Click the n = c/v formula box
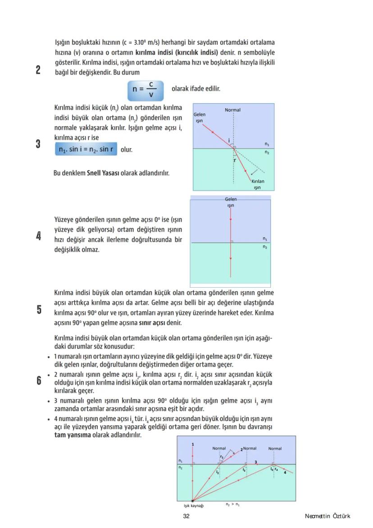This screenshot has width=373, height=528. pos(145,89)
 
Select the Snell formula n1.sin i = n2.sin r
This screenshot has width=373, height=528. pos(86,149)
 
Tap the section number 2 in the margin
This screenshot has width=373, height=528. pos(38,70)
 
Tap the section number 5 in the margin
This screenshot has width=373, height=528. pos(39,310)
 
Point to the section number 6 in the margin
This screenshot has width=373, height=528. pos(39,381)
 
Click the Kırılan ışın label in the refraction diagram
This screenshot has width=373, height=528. pos(258,184)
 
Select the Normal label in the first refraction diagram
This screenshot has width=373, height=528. pos(232,110)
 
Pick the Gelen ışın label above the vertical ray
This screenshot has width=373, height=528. pos(231,202)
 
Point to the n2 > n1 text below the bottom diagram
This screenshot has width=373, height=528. pos(232,505)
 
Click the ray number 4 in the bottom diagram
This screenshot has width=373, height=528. pos(285,472)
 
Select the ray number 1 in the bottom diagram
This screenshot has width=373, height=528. pos(193,445)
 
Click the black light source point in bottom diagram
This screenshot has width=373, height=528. pos(192,500)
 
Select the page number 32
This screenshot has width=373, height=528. pos(186,516)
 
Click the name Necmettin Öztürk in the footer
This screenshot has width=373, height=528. pos(327,516)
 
